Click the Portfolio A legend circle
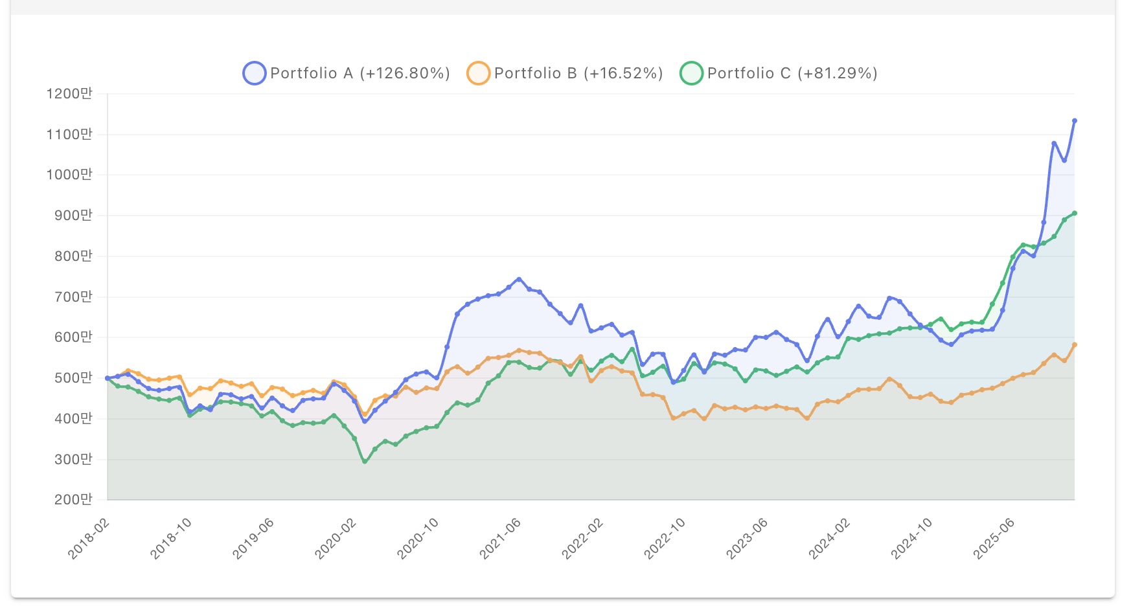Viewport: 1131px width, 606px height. [254, 73]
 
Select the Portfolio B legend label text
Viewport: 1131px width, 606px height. [578, 73]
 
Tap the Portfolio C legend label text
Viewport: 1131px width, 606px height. [792, 73]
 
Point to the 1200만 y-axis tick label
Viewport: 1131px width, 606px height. [69, 94]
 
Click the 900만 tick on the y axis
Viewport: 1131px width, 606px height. [73, 216]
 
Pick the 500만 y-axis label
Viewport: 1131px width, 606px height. [73, 378]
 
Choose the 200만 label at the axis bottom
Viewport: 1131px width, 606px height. [73, 500]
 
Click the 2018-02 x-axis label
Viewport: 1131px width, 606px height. [89, 539]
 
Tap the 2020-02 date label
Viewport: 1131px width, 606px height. [336, 539]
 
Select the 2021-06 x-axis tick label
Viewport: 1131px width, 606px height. [500, 539]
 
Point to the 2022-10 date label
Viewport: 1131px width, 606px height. [665, 539]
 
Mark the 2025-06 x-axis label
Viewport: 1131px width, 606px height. [994, 539]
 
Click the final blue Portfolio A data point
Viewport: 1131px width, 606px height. [1075, 121]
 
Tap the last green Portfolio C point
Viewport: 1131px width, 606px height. [1075, 213]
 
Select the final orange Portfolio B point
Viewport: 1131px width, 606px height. [1075, 345]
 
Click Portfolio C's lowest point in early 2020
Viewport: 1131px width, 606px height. [365, 462]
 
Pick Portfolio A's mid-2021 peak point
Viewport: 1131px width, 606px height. [519, 280]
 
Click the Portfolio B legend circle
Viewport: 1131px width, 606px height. [478, 73]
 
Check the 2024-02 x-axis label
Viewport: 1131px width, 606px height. [829, 539]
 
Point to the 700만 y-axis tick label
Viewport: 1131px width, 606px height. [73, 297]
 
